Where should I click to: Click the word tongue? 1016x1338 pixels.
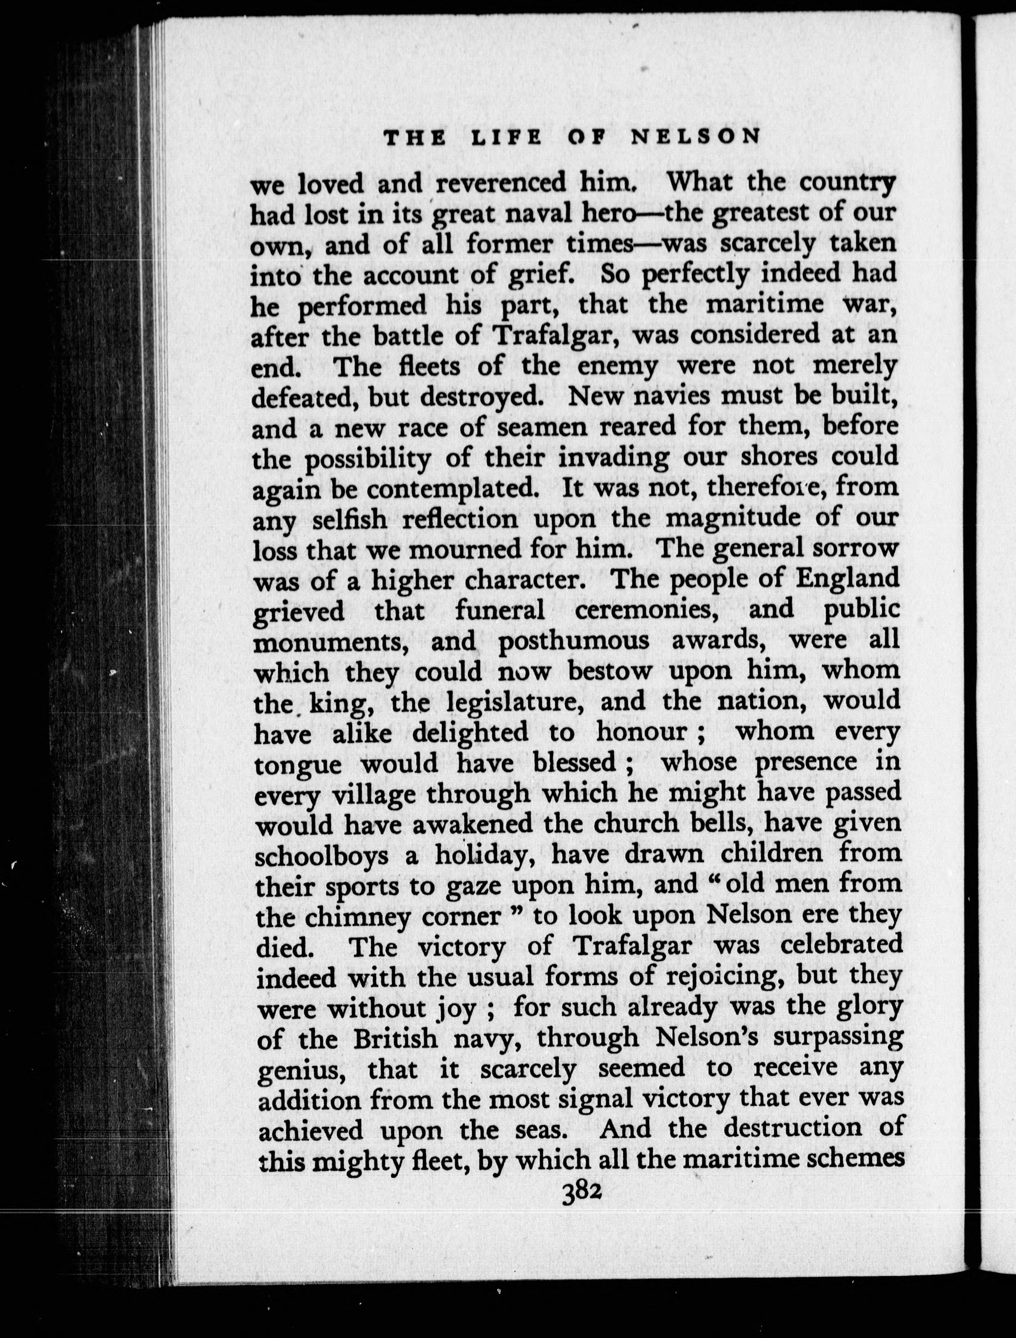pos(298,765)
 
